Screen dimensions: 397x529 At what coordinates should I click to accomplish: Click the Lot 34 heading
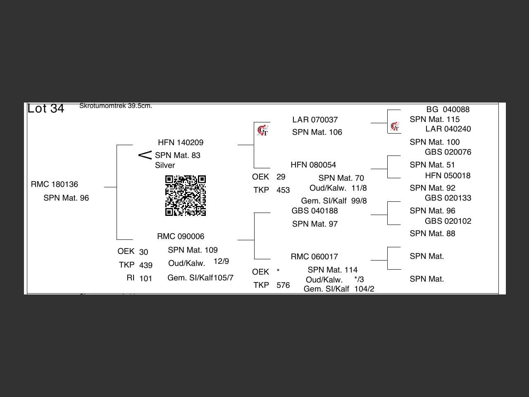[x=46, y=108]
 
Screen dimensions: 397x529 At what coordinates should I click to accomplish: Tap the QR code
[x=186, y=196]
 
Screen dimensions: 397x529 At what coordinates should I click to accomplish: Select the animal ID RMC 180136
[x=55, y=184]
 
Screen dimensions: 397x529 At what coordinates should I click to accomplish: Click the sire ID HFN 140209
[x=181, y=143]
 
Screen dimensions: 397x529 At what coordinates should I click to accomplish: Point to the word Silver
[x=165, y=165]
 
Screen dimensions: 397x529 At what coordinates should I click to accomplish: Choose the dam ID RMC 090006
[x=181, y=237]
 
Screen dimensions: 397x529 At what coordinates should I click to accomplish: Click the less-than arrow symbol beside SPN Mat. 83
[x=145, y=155]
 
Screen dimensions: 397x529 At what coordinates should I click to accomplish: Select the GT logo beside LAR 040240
[x=395, y=127]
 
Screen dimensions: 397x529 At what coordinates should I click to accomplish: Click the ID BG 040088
[x=448, y=110]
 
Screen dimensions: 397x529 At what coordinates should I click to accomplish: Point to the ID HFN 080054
[x=313, y=165]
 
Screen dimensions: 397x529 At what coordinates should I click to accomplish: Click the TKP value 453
[x=283, y=190]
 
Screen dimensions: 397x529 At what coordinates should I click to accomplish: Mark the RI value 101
[x=146, y=279]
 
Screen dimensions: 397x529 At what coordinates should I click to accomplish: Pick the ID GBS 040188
[x=315, y=211]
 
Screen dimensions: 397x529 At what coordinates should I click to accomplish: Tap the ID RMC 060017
[x=314, y=257]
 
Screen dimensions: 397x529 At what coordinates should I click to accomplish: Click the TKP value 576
[x=283, y=285]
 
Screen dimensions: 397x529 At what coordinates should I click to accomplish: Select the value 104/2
[x=364, y=289]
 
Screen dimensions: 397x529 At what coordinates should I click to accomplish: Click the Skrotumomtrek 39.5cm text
[x=116, y=106]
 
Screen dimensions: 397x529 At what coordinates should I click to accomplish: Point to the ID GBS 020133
[x=448, y=198]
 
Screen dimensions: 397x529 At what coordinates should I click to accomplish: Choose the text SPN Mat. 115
[x=434, y=120]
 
